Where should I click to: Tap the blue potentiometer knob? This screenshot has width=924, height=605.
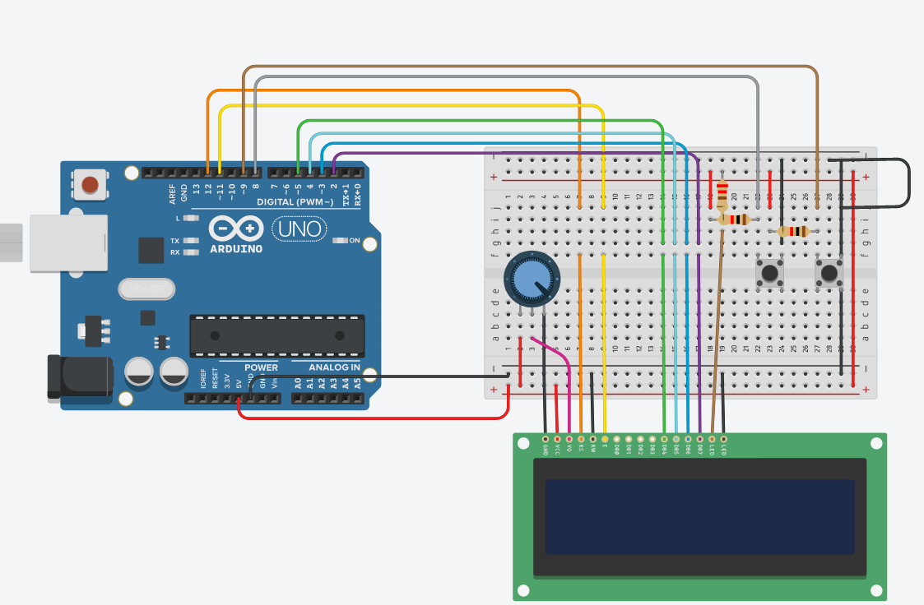pyautogui.click(x=530, y=279)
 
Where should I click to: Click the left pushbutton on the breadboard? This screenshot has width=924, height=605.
pyautogui.click(x=769, y=272)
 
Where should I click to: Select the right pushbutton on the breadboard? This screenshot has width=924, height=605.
pyautogui.click(x=829, y=272)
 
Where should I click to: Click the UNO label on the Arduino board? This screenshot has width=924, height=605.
pyautogui.click(x=297, y=229)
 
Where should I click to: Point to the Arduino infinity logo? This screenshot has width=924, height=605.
pyautogui.click(x=236, y=229)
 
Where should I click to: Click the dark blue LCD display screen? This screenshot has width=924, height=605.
pyautogui.click(x=699, y=516)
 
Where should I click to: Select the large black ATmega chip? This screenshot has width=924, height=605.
pyautogui.click(x=276, y=335)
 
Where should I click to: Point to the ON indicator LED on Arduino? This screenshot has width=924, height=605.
pyautogui.click(x=340, y=241)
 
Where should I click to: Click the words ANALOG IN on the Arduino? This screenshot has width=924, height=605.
pyautogui.click(x=334, y=367)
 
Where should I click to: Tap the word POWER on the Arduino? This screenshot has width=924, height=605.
pyautogui.click(x=261, y=367)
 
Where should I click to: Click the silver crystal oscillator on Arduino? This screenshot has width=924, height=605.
pyautogui.click(x=147, y=289)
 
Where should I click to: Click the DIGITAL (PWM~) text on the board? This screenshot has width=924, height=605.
pyautogui.click(x=295, y=201)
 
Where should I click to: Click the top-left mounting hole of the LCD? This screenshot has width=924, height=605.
pyautogui.click(x=522, y=443)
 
